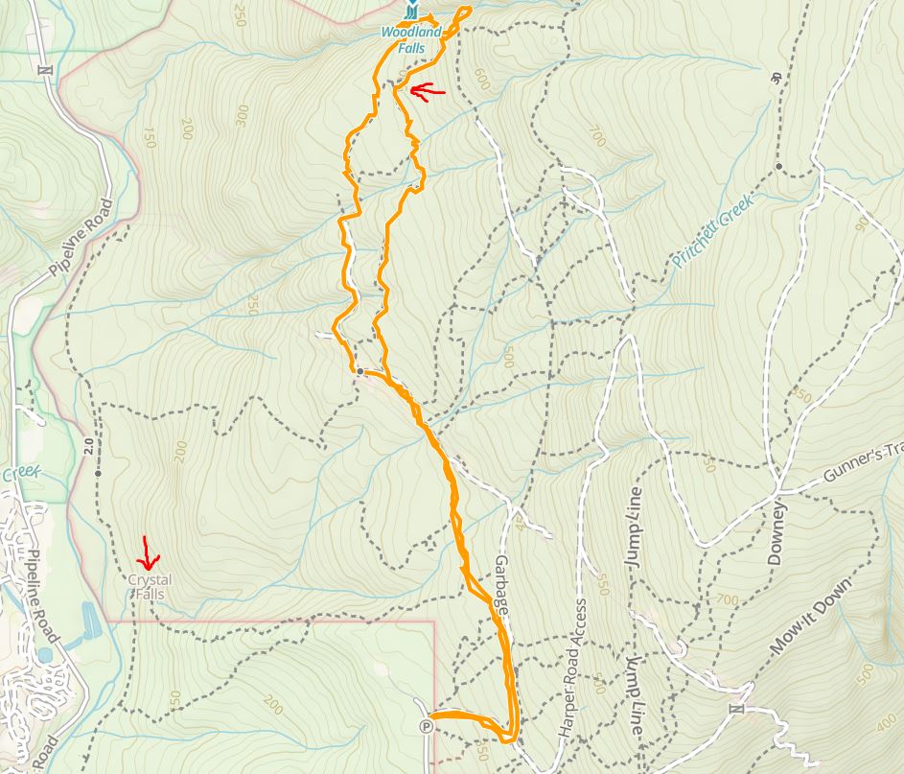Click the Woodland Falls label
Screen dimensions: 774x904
(x=411, y=37)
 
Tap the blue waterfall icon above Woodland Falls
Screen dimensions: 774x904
(x=411, y=12)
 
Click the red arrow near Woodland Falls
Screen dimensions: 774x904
(x=428, y=91)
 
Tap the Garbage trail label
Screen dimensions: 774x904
(x=501, y=579)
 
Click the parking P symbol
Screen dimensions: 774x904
(x=426, y=726)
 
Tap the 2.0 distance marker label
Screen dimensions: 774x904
(x=99, y=447)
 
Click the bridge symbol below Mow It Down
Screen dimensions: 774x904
(x=736, y=709)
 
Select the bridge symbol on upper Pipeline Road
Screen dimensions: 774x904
(x=42, y=69)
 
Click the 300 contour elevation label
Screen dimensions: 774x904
(x=240, y=116)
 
